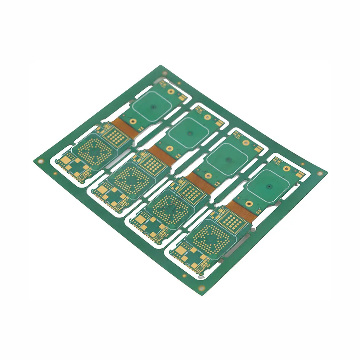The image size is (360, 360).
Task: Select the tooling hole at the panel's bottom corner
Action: pyautogui.click(x=201, y=288)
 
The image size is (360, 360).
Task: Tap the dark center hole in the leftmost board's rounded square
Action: pyautogui.click(x=153, y=107)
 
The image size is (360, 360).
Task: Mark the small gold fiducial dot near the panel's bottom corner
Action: pyautogui.click(x=184, y=276)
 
